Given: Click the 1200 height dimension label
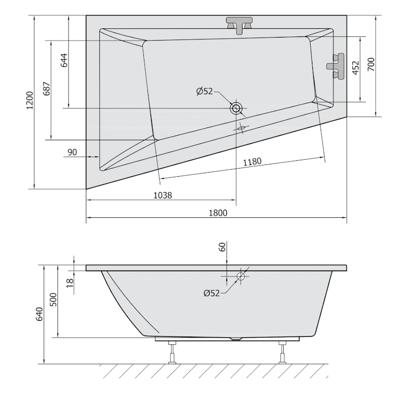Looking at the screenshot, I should [30, 101].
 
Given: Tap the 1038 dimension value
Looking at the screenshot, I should [162, 195].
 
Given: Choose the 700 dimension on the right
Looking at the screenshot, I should [371, 64].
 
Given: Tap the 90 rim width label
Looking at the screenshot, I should [72, 152].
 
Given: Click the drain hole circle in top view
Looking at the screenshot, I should [236, 108].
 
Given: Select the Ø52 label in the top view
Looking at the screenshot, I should [204, 91].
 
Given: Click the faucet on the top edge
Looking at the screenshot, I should [240, 25].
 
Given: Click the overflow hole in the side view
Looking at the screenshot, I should [240, 276].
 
